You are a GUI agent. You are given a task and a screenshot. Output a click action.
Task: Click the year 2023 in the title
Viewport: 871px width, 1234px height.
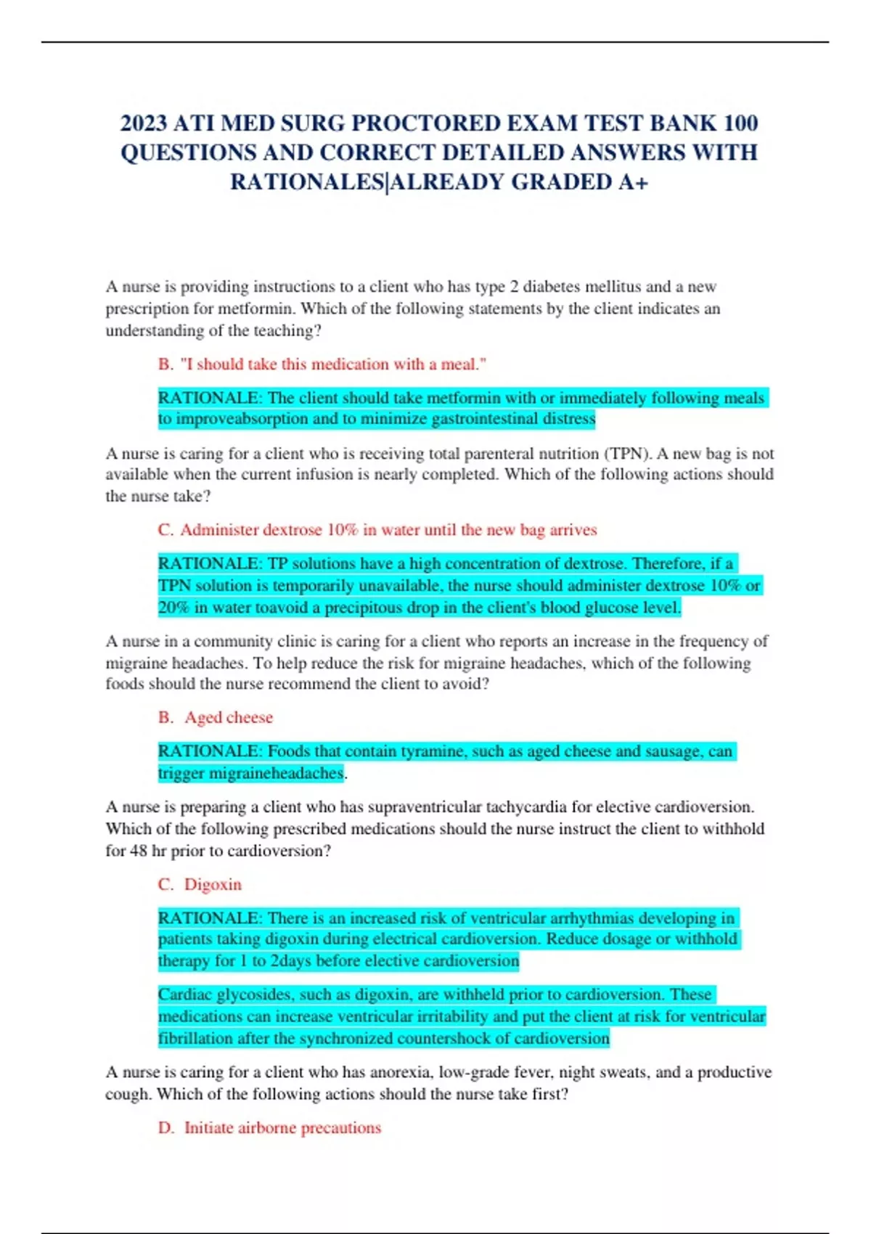[x=144, y=123]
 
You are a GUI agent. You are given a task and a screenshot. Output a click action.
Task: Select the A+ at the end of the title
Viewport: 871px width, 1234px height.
[x=633, y=181]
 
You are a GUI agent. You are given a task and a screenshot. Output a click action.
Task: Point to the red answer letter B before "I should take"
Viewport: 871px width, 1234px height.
[x=165, y=364]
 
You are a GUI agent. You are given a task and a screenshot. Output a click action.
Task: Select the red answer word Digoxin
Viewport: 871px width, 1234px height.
[x=213, y=884]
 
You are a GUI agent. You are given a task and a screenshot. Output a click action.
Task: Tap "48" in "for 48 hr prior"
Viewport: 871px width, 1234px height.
[x=139, y=851]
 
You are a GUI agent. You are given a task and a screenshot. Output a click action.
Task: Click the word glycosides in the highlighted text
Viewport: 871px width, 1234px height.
[x=252, y=994]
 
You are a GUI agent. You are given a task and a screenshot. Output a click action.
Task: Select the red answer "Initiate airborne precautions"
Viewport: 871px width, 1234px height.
[x=282, y=1127]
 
